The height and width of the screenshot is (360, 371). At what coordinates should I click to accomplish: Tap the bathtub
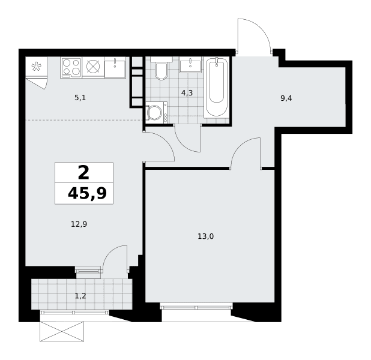pyautogui.click(x=217, y=87)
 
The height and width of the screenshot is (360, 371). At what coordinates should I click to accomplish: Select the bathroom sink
pyautogui.click(x=190, y=65)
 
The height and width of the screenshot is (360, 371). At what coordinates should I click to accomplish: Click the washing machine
pyautogui.click(x=156, y=112)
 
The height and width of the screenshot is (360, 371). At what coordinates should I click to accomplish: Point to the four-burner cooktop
pyautogui.click(x=71, y=67)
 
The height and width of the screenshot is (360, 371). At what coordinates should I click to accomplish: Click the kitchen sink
pyautogui.click(x=115, y=67)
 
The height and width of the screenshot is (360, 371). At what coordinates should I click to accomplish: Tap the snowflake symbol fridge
pyautogui.click(x=36, y=67)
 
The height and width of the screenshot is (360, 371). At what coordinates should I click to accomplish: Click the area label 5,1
pyautogui.click(x=80, y=97)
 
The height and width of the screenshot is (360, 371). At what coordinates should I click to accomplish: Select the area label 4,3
pyautogui.click(x=187, y=93)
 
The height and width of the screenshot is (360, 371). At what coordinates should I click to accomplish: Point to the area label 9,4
pyautogui.click(x=286, y=98)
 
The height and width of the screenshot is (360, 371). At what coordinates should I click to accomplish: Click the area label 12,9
pyautogui.click(x=79, y=224)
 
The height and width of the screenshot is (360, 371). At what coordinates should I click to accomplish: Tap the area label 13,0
pyautogui.click(x=206, y=236)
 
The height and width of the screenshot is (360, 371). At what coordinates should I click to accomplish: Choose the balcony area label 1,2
pyautogui.click(x=80, y=296)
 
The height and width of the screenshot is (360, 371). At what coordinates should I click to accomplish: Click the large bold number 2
pyautogui.click(x=83, y=173)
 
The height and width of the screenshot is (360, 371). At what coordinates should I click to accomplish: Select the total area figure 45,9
pyautogui.click(x=87, y=193)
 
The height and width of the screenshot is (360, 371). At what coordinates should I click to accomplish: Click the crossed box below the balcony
pyautogui.click(x=62, y=331)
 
